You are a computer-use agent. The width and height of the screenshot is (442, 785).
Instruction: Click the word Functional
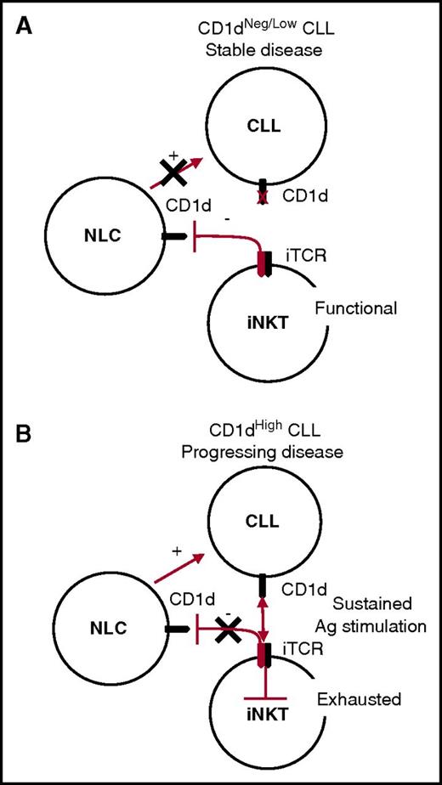click(355, 308)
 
